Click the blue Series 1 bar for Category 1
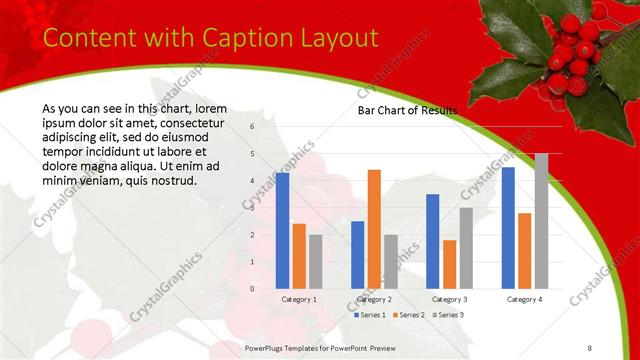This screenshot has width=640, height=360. pos(282,231)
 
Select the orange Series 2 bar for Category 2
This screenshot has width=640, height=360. pos(374,229)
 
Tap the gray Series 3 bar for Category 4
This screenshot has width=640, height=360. pos(541,221)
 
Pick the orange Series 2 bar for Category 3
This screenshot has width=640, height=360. pos(449,264)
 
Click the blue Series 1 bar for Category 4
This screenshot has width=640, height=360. pos(508,228)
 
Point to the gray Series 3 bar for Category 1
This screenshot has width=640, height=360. pos(315,262)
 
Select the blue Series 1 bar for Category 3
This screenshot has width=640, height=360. pos(432,241)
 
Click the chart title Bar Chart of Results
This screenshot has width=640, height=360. pos(407,110)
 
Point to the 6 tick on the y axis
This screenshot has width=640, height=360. pos(252,127)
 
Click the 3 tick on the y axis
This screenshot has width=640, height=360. pos(252,208)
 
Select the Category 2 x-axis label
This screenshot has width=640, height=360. pos(374,299)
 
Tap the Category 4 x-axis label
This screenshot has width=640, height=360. pos(524,299)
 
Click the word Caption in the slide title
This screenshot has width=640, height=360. pos(236,38)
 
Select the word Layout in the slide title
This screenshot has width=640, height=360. pos(332,38)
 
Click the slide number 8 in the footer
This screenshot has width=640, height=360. pos(590,347)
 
